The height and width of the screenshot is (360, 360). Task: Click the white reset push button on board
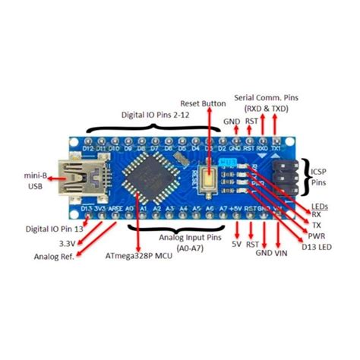[207, 177]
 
